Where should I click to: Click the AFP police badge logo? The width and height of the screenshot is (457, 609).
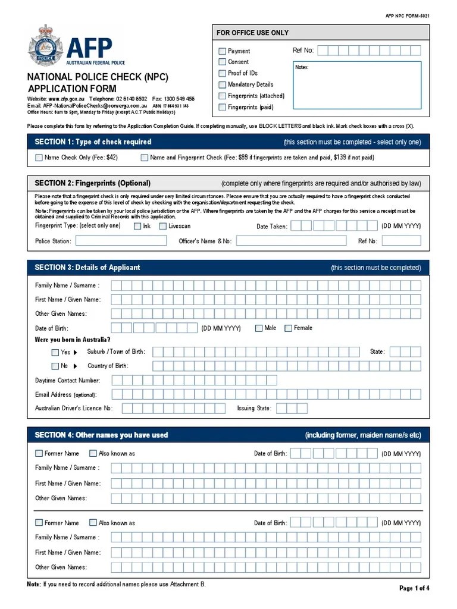pos(45,45)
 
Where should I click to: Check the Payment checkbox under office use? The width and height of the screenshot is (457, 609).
pos(223,51)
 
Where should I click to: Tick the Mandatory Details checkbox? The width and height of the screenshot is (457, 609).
pos(223,84)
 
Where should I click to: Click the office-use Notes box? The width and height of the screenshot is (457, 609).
pos(357,84)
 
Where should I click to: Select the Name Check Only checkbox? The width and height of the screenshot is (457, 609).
pos(39,158)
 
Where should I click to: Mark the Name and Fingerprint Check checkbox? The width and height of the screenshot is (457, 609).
pos(145,158)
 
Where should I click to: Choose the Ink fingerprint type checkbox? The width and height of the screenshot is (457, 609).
pos(137,226)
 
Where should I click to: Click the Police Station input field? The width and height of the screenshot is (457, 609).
pos(121,241)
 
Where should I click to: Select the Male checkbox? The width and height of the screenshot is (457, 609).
pos(259,328)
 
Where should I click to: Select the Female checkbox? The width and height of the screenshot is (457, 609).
pos(289,328)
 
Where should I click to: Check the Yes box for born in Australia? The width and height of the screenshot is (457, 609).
pos(55,352)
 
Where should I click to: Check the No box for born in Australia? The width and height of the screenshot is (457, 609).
pos(55,366)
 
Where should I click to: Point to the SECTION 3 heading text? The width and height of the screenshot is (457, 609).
pos(87,268)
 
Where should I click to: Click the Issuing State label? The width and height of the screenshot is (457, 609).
pos(254,409)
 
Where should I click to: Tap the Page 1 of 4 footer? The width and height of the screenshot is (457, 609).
pos(414,588)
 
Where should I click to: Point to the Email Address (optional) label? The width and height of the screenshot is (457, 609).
pos(65,394)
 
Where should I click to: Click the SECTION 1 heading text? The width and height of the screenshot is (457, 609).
pos(93,142)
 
